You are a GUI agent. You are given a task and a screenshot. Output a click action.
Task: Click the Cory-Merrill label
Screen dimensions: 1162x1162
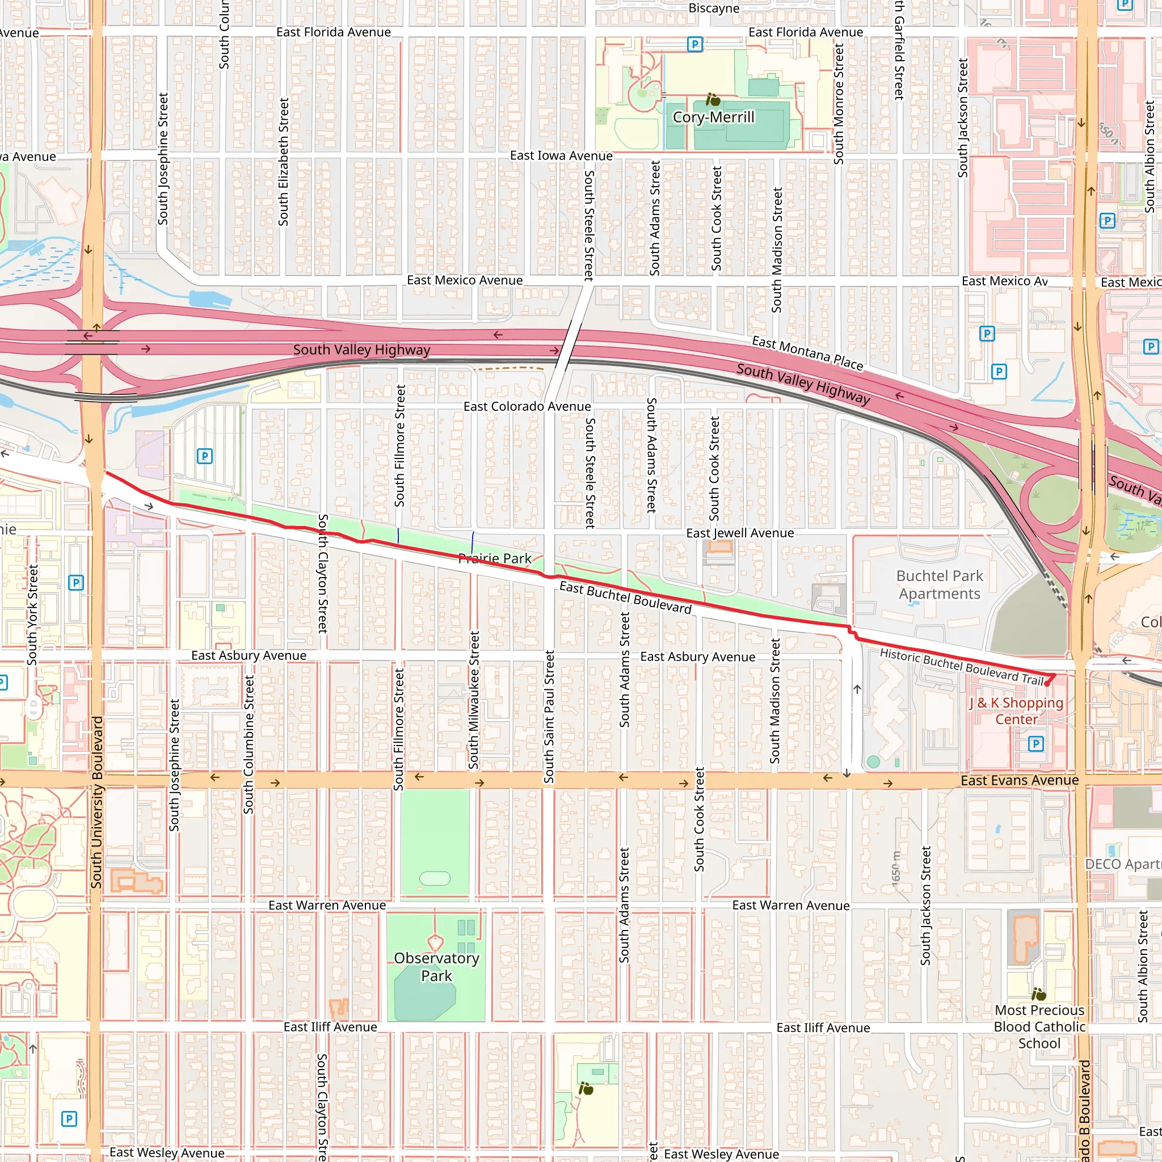click(x=713, y=117)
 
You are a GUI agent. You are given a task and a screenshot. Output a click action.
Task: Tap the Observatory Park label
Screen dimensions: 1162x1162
click(x=437, y=966)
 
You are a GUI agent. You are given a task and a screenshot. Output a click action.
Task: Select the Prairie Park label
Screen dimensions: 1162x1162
click(x=494, y=558)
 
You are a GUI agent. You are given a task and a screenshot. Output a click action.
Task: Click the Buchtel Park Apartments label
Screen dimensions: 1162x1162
click(x=940, y=584)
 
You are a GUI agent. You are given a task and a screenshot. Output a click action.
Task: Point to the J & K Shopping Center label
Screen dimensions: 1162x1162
click(x=1016, y=711)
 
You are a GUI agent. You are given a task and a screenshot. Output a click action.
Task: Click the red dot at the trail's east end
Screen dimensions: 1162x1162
click(x=1047, y=684)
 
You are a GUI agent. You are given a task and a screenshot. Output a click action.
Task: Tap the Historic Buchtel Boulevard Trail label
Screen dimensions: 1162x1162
click(x=962, y=667)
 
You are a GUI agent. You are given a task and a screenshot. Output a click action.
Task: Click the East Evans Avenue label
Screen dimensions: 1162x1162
click(x=1020, y=780)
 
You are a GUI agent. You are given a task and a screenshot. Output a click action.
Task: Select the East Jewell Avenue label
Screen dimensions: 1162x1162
click(x=740, y=533)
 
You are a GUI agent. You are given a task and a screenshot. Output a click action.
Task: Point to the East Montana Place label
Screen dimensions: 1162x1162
click(x=807, y=353)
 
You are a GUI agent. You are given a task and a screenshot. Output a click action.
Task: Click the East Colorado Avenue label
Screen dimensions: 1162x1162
click(x=527, y=407)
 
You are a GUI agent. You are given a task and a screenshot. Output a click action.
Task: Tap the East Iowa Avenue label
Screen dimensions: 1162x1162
click(x=561, y=156)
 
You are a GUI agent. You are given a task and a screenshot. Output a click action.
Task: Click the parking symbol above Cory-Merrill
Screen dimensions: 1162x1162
click(x=694, y=44)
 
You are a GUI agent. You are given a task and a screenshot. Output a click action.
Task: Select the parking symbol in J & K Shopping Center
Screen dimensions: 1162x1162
click(x=1035, y=744)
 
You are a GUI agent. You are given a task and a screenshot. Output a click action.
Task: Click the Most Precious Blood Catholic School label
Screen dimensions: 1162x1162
click(x=1039, y=1026)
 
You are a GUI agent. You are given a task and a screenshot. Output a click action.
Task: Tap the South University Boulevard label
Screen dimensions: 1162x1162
click(x=97, y=802)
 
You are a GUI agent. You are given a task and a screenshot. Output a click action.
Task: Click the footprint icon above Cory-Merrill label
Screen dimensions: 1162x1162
click(x=713, y=99)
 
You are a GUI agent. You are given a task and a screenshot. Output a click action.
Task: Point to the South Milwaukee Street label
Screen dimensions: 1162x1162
click(x=474, y=700)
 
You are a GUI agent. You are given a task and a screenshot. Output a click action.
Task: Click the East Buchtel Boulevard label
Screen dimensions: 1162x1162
click(x=625, y=597)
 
